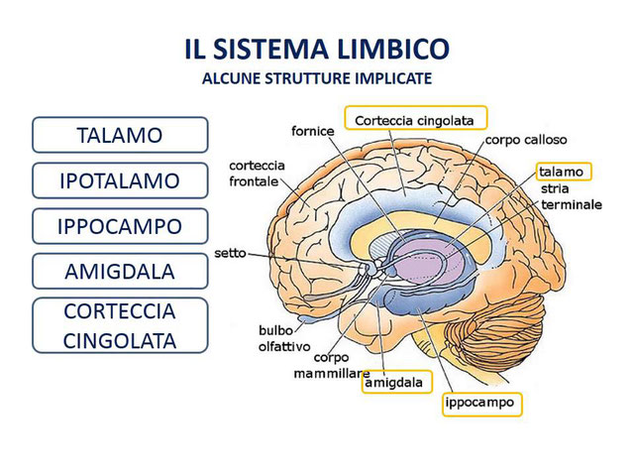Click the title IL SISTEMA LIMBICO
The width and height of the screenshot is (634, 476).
click(x=317, y=49)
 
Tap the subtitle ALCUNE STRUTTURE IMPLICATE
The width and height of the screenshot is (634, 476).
click(x=317, y=76)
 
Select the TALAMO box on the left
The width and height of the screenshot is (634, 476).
click(x=120, y=135)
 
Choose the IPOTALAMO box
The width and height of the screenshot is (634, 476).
click(x=120, y=180)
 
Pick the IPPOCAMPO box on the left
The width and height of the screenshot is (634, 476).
click(x=120, y=226)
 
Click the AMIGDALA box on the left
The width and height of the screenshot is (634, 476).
click(x=120, y=271)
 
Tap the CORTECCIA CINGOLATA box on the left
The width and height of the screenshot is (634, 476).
click(x=120, y=325)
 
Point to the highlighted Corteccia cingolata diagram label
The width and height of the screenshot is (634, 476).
click(x=416, y=119)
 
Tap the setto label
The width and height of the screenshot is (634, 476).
click(x=230, y=254)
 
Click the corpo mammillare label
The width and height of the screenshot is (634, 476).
click(x=331, y=366)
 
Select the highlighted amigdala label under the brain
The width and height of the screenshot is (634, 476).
click(x=395, y=382)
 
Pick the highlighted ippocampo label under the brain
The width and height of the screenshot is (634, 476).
click(x=480, y=404)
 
